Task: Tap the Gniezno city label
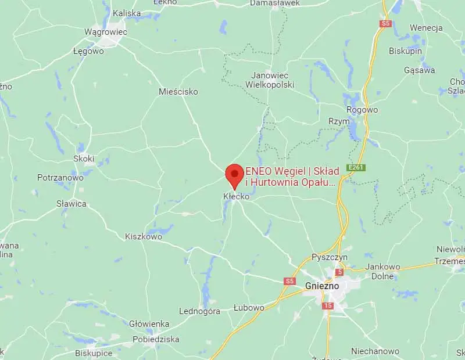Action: (323, 286)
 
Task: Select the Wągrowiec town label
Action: (105, 32)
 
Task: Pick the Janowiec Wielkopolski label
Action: (273, 80)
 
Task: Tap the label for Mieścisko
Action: (178, 92)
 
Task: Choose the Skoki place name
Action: (84, 159)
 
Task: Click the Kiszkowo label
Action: (144, 236)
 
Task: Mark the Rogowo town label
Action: (362, 110)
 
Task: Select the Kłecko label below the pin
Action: (237, 197)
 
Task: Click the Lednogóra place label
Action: (199, 311)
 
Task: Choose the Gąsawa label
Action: (420, 70)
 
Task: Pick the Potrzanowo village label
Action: (60, 178)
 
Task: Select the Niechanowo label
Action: (375, 351)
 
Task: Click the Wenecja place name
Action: (426, 28)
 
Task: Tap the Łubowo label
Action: (249, 307)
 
